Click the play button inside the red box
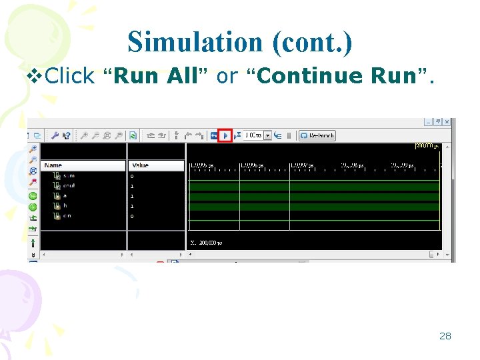coord(225,135)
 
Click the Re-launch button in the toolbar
coord(317,135)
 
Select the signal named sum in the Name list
coord(68,176)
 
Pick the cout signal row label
coord(69,186)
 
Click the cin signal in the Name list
coord(67,216)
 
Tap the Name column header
coord(53,165)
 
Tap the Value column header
coord(141,165)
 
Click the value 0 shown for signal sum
coord(132,176)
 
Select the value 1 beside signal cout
coord(132,186)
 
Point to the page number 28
coord(445,336)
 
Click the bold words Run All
coord(156,76)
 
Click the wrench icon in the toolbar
coord(55,135)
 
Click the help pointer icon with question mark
coord(67,135)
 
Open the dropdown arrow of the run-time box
coord(268,135)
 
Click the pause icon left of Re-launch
coord(289,135)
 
